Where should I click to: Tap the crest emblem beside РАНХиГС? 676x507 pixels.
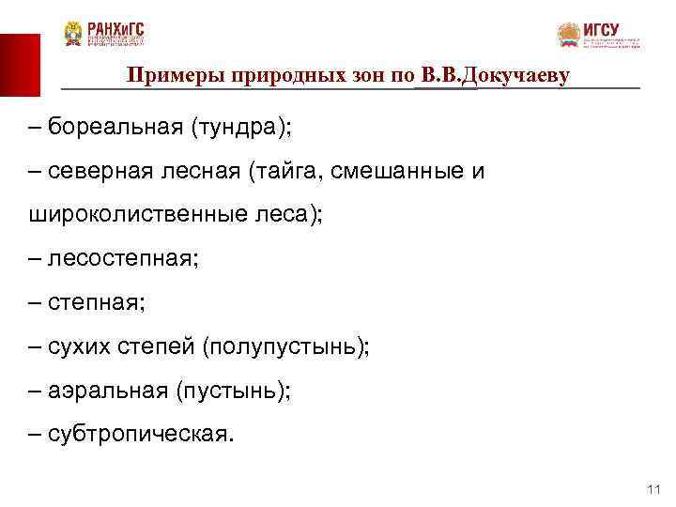[73, 35]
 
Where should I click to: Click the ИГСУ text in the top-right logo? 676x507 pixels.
[601, 29]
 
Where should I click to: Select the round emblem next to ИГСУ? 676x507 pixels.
[569, 36]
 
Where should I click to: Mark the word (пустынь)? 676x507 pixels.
[233, 391]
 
